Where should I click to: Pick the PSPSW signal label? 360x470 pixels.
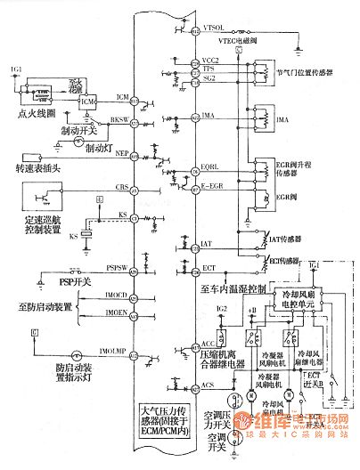pyautogui.click(x=115, y=266)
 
